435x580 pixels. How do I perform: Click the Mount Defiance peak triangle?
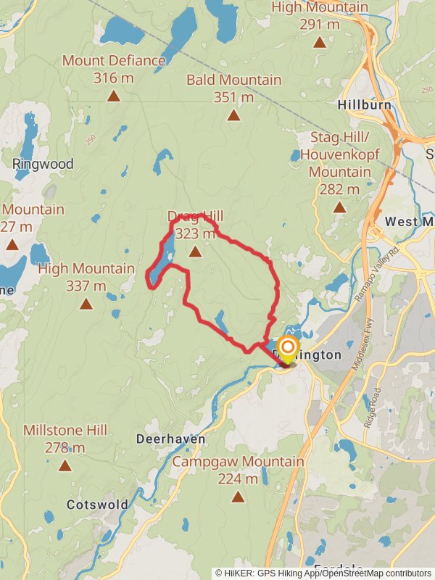coord(113,96)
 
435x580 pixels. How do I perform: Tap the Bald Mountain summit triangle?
coord(233,115)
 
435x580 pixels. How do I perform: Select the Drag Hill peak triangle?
coord(195,252)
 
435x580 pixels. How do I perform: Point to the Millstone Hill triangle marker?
coord(65,466)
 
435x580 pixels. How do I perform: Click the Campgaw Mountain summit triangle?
coord(238,497)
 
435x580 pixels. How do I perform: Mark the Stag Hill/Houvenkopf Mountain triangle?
coord(339,207)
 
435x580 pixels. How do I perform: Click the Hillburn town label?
coord(364,105)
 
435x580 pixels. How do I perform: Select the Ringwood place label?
coord(43,164)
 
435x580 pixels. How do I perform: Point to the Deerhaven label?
coord(171,439)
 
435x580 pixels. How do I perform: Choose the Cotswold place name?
coord(97,504)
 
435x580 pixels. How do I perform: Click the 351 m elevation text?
coord(233,96)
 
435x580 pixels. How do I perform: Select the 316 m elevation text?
coord(114,77)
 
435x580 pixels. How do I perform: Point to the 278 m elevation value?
coord(65,447)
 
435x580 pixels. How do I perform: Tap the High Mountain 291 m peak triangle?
coord(320,42)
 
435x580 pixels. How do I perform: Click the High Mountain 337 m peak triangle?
coord(86,304)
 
